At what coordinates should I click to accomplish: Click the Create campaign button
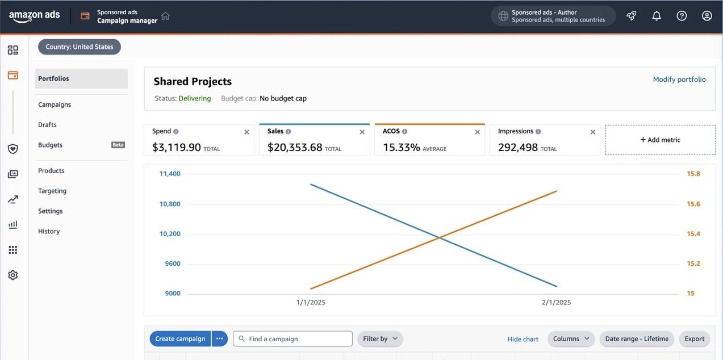(x=180, y=339)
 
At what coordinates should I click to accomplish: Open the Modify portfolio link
(x=679, y=79)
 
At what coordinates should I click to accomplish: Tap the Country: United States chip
(x=80, y=47)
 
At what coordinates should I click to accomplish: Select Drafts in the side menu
(x=47, y=124)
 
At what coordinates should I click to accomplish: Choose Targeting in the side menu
(x=52, y=191)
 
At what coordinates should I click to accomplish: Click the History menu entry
(x=49, y=231)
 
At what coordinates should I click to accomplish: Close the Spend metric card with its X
(x=246, y=132)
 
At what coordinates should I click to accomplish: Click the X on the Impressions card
(x=592, y=132)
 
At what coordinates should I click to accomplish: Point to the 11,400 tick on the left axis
(x=170, y=174)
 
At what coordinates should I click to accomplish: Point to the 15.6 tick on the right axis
(x=693, y=204)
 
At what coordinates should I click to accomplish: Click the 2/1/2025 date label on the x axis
(x=556, y=302)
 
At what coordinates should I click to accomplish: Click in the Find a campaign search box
(x=292, y=339)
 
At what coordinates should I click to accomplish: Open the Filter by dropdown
(x=380, y=339)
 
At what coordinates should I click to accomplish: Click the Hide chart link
(x=523, y=339)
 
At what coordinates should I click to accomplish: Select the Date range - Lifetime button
(x=637, y=339)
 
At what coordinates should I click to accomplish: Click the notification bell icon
(x=657, y=16)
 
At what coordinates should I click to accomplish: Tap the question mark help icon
(x=682, y=16)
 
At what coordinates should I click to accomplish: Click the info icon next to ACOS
(x=404, y=131)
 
